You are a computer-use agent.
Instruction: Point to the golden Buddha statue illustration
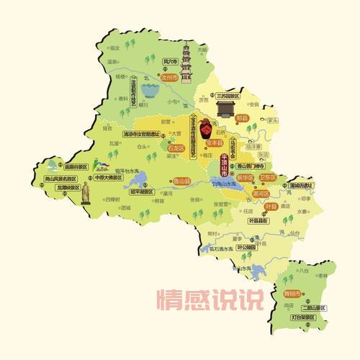click(x=85, y=193)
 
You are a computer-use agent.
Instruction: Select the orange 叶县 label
click(x=271, y=207)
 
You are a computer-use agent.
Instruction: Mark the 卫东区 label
click(x=267, y=177)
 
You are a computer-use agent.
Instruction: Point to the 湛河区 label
click(x=259, y=194)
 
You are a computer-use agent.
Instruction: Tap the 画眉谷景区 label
click(x=74, y=167)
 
